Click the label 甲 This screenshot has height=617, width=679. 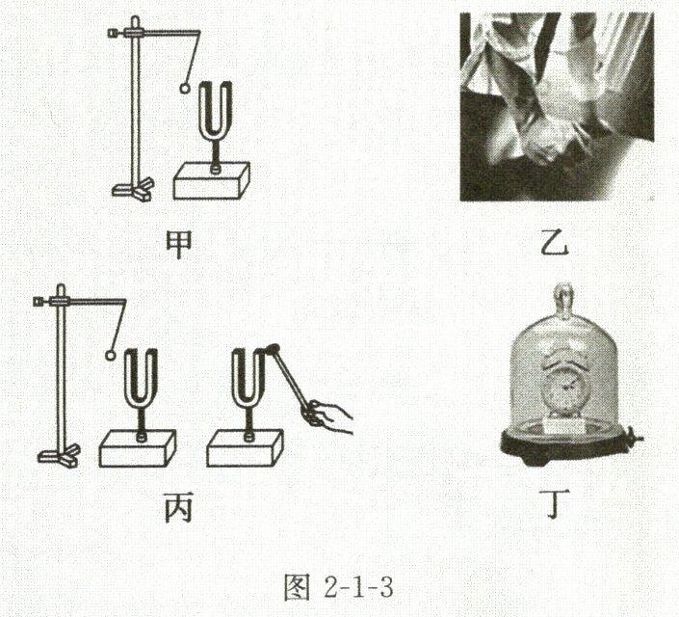coord(179,245)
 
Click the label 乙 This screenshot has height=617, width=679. coord(554,243)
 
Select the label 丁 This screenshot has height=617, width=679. coord(553,504)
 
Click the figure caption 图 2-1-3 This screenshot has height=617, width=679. coord(339,588)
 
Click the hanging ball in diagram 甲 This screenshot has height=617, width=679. coord(185,88)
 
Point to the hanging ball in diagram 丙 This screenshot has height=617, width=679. coord(111,356)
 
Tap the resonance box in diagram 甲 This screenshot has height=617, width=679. coord(211,181)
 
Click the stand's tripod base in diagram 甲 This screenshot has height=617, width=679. coord(133,189)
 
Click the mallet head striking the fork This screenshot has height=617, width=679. coord(273,349)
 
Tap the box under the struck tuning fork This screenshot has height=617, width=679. coord(245,448)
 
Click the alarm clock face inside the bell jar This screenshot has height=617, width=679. coord(563,389)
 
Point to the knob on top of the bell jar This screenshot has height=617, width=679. coord(563,300)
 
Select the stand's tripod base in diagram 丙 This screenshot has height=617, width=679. coord(59,455)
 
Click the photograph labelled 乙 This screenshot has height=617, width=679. coord(557,107)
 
